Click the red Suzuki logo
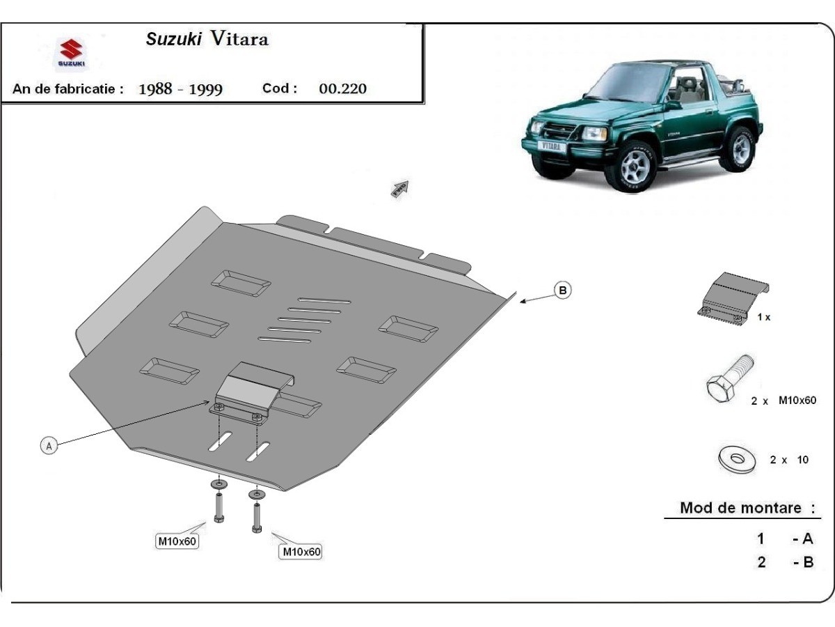click(x=71, y=49)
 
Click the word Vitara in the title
click(x=239, y=38)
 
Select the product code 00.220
click(x=343, y=88)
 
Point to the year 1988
click(x=155, y=89)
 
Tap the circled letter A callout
click(x=49, y=446)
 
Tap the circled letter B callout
click(x=563, y=291)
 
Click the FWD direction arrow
click(x=400, y=188)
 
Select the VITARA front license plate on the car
click(x=551, y=146)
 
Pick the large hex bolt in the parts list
click(x=730, y=379)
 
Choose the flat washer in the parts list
click(x=737, y=459)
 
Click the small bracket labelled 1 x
click(x=733, y=300)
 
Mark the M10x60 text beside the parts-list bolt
click(x=797, y=401)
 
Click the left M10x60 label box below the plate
click(x=177, y=541)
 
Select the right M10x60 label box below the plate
click(x=302, y=552)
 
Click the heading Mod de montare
click(x=740, y=508)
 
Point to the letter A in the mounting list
click(x=807, y=539)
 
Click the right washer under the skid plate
click(x=257, y=495)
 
